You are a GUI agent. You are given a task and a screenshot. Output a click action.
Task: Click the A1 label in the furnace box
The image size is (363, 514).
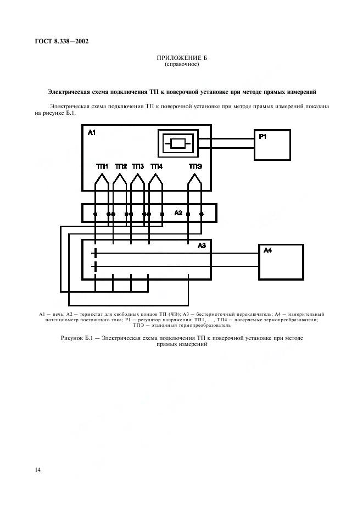(92, 133)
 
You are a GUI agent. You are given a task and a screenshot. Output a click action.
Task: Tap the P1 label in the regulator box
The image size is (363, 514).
(263, 137)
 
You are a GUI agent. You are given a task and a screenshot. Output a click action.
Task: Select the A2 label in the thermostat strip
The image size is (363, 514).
(178, 213)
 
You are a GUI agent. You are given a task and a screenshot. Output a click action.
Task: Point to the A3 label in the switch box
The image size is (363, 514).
(202, 245)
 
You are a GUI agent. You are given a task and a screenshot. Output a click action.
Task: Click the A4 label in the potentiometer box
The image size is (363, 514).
(267, 250)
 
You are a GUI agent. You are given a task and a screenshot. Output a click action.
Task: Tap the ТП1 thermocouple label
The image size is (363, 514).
(102, 166)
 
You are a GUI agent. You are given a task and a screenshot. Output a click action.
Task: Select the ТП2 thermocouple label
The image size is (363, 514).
(121, 166)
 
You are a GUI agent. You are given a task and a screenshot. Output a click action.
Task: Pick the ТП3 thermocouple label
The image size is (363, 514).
(138, 166)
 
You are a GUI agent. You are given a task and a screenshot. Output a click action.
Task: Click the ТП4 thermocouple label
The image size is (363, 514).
(157, 166)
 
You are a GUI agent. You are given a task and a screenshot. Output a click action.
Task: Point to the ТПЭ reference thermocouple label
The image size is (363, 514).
(195, 166)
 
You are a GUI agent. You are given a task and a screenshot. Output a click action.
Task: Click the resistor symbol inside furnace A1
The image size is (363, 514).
(178, 143)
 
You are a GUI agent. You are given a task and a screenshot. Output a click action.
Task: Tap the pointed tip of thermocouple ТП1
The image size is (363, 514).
(102, 174)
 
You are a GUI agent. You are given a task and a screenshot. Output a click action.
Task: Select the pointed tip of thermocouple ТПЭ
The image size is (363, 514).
(195, 174)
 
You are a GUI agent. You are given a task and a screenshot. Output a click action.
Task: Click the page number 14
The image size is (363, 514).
(38, 470)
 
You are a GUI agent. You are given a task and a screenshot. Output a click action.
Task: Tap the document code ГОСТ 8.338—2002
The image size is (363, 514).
(62, 41)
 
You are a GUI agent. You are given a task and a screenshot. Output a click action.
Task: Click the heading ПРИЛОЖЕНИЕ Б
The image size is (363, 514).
(182, 58)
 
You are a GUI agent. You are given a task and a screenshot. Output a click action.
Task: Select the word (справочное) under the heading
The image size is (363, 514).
(182, 64)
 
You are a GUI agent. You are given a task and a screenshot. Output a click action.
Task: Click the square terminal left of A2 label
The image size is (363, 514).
(162, 214)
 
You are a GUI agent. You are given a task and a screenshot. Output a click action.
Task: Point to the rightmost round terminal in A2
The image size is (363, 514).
(202, 214)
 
